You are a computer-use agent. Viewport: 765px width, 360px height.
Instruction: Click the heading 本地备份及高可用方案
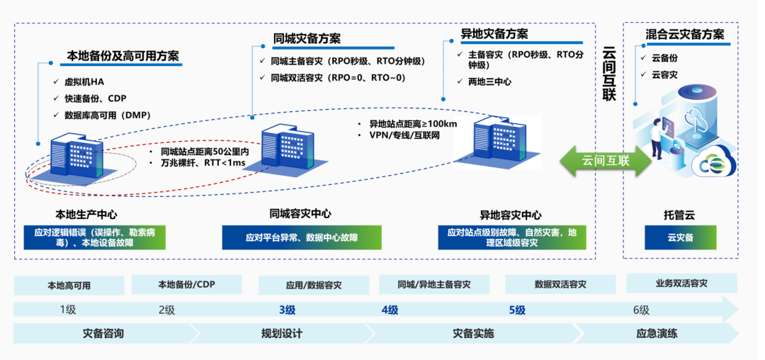pos(123,55)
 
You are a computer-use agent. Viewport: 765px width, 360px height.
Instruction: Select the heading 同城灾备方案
pos(306,38)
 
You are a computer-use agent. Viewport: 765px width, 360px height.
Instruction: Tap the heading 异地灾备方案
pos(494,33)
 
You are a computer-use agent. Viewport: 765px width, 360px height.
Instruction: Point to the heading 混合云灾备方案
pos(684,34)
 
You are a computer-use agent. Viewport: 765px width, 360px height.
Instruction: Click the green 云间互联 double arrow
pos(605,161)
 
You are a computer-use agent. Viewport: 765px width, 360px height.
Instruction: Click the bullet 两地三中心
pos(489,81)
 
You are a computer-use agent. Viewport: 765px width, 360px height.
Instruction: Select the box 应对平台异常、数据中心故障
pos(301,237)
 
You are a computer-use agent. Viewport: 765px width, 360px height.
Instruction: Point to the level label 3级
pos(287,310)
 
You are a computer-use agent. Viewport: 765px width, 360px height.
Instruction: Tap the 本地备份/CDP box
pos(185,285)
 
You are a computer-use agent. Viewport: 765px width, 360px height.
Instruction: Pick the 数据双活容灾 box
pos(560,284)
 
